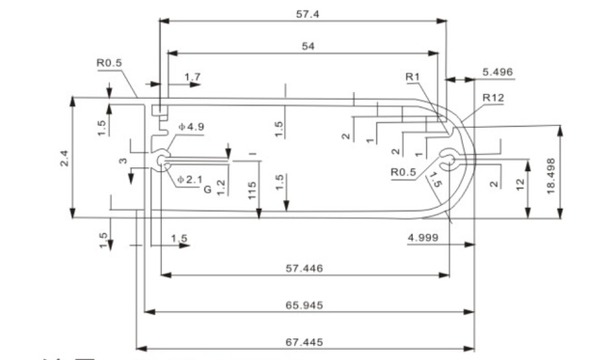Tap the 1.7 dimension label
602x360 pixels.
[192, 76]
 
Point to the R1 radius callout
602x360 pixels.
[411, 76]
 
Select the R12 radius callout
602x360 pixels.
[492, 98]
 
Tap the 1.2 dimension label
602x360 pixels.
[220, 187]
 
